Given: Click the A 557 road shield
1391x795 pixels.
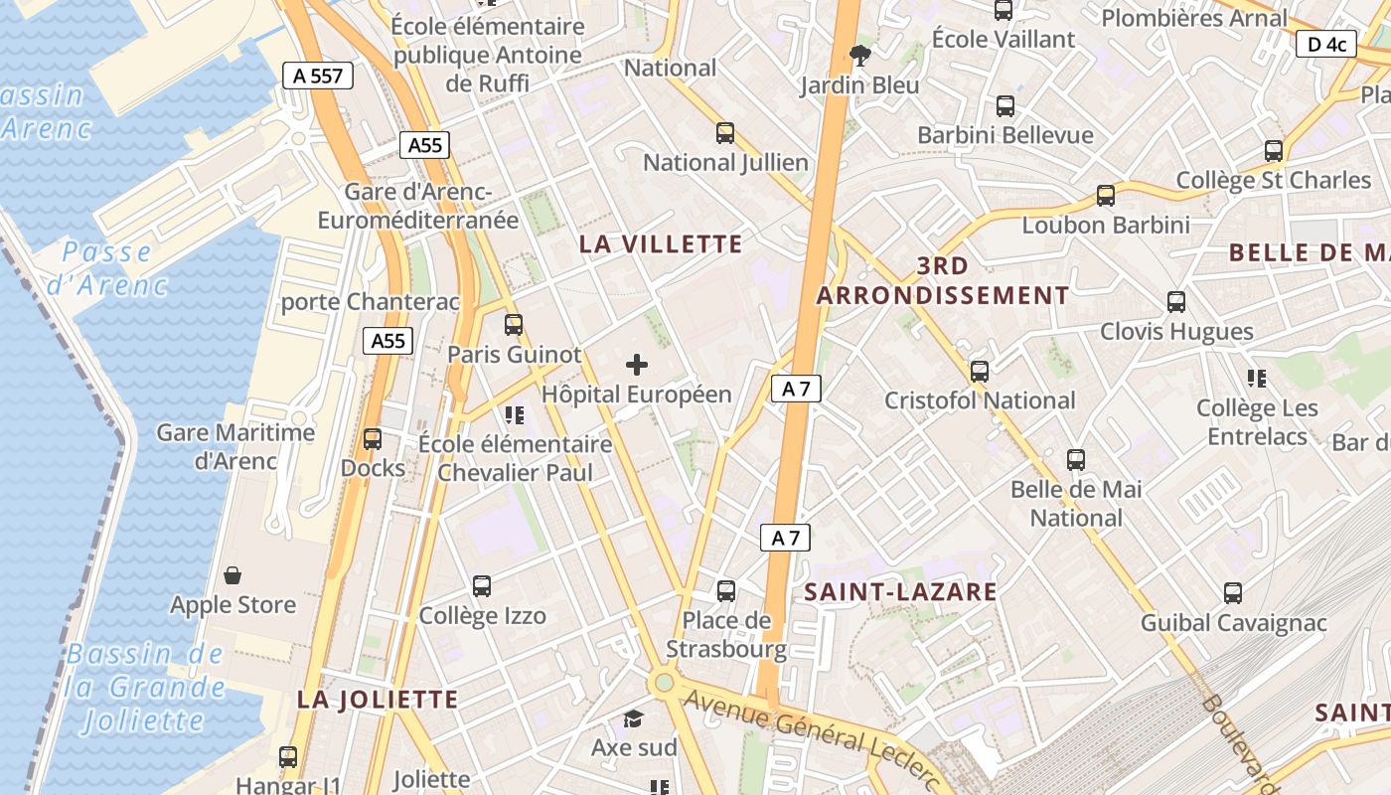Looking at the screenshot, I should pos(318,76).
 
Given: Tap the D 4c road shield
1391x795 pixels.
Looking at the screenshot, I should pos(1326,44).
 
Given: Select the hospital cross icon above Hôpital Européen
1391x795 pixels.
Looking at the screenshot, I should pos(637,365).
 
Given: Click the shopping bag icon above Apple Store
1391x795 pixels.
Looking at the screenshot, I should pos(232,575).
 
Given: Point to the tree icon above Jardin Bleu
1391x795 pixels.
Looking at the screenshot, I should pos(860,56).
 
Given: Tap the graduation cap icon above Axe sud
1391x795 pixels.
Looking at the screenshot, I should pos(633,718).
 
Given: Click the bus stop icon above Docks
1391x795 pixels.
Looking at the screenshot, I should pos(373,438).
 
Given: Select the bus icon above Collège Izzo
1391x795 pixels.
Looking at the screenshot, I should pos(482,586).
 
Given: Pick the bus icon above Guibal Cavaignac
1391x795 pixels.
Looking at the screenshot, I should pos(1233,593).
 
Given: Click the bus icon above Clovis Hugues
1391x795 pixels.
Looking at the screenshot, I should pos(1176,301).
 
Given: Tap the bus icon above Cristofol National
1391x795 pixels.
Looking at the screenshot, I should pos(980,372).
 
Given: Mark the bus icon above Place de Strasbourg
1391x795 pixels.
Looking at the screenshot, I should pos(726,591).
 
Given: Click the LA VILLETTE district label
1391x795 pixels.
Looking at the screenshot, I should pos(661,244).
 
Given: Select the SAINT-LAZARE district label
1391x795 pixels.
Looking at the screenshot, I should pos(900,592).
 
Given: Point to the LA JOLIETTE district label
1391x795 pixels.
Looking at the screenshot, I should pos(378,700).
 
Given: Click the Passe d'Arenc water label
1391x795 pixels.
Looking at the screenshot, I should pos(107,268).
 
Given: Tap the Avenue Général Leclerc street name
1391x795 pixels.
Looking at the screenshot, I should pos(811,736).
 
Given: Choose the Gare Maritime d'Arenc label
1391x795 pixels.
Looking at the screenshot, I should pos(235,446).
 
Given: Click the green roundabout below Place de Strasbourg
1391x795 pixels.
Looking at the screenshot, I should pos(663,684).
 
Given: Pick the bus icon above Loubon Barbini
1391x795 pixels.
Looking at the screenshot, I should pos(1106,196).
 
